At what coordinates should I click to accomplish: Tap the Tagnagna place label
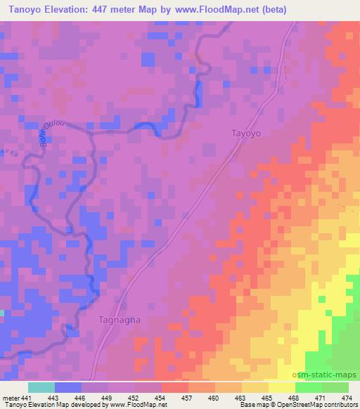[x=117, y=319]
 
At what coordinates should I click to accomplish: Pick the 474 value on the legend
[x=346, y=398]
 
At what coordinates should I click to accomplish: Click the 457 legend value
[x=188, y=398]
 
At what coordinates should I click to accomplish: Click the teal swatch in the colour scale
[x=41, y=387]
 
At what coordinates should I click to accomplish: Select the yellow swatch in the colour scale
[x=282, y=387]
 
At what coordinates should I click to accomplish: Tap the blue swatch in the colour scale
[x=68, y=387]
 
